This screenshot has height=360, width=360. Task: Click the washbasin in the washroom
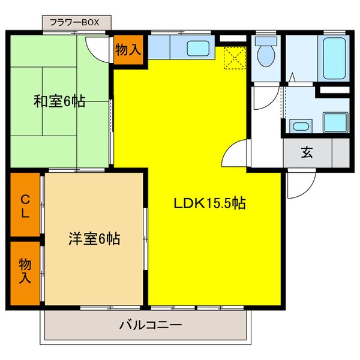(299, 125)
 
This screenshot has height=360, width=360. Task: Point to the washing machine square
(334, 122)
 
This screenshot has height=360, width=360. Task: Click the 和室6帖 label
(59, 101)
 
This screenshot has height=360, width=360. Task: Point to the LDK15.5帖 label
(209, 203)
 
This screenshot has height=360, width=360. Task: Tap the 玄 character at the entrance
(307, 152)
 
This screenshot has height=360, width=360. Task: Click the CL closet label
(25, 206)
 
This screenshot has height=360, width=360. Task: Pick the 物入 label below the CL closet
(25, 271)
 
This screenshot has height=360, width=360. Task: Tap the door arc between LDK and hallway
(235, 154)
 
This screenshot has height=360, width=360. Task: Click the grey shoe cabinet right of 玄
(340, 152)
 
